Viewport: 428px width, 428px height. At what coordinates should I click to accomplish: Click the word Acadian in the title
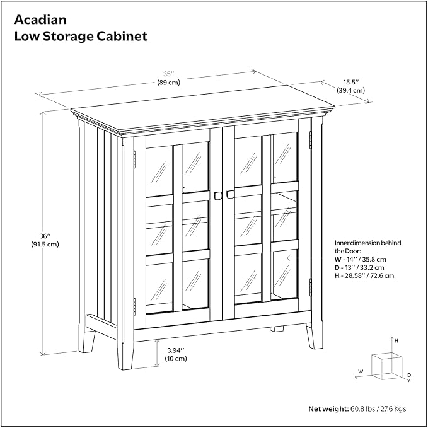point(40,20)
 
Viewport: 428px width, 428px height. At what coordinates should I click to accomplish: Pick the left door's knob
point(218,195)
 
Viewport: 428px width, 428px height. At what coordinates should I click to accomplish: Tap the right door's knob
point(230,194)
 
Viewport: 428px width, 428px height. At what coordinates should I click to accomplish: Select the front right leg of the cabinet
point(315,336)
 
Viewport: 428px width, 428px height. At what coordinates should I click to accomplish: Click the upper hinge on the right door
point(310,141)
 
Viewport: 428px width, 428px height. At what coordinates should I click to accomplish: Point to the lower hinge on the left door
point(134,306)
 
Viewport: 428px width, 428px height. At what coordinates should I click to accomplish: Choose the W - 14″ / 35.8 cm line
point(361,259)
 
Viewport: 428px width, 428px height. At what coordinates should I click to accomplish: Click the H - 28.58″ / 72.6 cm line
point(364,275)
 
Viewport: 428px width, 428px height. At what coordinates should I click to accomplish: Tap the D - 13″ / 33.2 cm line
point(359,267)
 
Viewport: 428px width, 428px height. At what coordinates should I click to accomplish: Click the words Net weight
point(328,408)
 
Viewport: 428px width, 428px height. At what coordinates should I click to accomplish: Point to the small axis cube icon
point(387,366)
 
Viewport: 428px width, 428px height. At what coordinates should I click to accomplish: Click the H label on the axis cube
point(396,341)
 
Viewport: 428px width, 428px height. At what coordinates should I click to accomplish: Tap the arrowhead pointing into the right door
point(289,258)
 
